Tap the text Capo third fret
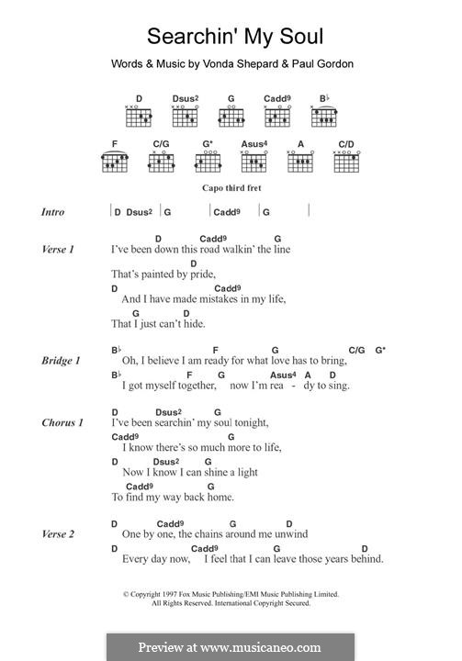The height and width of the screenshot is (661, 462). pyautogui.click(x=231, y=188)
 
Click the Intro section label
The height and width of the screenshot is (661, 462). pyautogui.click(x=53, y=212)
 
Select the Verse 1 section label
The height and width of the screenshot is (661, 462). pyautogui.click(x=57, y=249)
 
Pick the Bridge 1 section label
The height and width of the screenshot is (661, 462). pyautogui.click(x=60, y=361)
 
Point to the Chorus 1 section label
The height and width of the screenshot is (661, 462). pyautogui.click(x=62, y=422)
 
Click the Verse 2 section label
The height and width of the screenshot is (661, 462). pyautogui.click(x=57, y=533)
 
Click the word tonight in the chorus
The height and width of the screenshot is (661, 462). pyautogui.click(x=250, y=422)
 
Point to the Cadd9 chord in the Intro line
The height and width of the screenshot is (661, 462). pyautogui.click(x=227, y=212)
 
